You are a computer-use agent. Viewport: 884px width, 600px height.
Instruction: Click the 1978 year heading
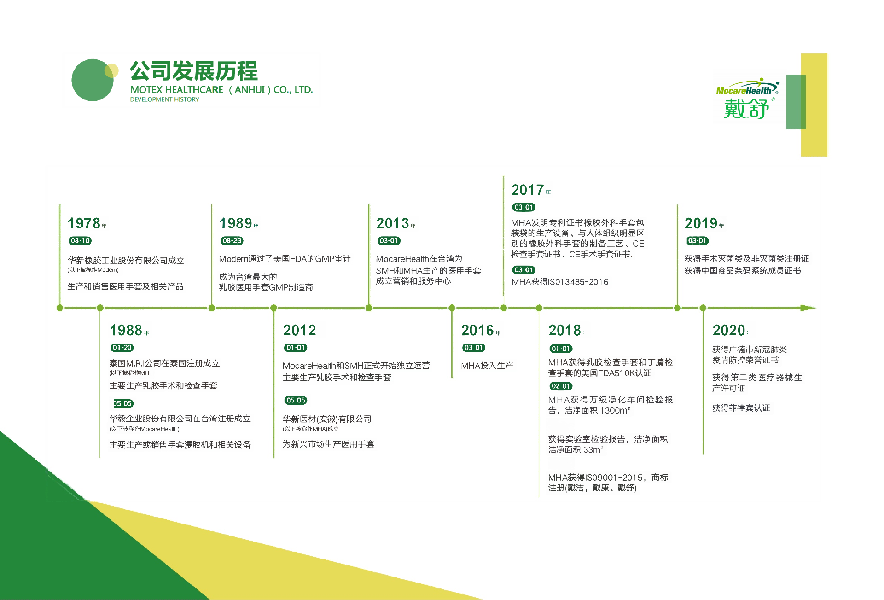84,224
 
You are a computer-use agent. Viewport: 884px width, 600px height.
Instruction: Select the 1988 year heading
126,331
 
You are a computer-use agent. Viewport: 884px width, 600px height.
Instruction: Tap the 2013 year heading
393,224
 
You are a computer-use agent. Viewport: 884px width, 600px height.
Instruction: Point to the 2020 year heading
729,331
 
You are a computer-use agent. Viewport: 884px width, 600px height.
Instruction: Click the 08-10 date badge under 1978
80,241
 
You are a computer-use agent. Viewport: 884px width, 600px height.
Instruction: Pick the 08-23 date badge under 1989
232,241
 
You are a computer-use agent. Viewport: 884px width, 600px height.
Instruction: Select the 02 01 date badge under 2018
560,386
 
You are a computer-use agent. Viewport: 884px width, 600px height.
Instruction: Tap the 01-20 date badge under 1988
122,348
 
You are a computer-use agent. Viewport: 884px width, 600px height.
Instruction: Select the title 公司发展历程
194,71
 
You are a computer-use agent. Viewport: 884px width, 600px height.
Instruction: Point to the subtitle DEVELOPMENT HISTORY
164,99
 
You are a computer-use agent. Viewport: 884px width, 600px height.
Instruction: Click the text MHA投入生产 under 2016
487,366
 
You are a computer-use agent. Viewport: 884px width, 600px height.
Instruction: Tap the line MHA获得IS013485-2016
559,282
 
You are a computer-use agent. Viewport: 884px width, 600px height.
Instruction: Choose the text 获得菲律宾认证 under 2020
741,408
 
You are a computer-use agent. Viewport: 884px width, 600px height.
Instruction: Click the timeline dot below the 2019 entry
677,308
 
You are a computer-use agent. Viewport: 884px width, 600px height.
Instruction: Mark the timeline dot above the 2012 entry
273,308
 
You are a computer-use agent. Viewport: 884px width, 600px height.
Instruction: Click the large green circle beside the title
93,80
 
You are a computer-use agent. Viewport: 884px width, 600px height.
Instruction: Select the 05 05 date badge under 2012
296,400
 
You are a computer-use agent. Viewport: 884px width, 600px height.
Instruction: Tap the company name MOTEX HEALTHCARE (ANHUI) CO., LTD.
221,90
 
